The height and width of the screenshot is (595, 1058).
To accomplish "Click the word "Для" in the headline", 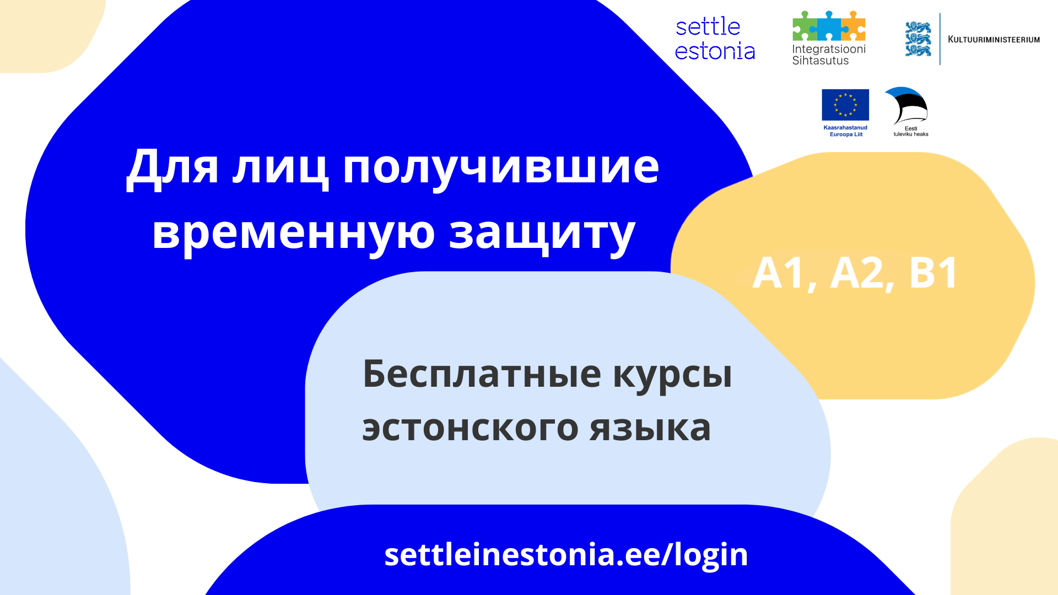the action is tap(172, 167).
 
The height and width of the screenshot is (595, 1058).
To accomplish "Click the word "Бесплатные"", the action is tap(482, 374).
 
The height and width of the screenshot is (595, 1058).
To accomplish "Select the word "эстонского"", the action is tap(470, 429).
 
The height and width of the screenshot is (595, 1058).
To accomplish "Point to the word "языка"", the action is tap(650, 429).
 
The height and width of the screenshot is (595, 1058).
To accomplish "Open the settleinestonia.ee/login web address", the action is tap(566, 555).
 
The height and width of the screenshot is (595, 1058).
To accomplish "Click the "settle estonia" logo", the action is tap(715, 39).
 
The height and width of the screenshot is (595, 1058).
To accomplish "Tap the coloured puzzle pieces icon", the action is tap(829, 26).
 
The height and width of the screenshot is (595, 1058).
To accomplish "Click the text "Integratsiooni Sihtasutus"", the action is tap(829, 55).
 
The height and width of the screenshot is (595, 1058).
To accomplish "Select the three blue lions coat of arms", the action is tap(918, 39).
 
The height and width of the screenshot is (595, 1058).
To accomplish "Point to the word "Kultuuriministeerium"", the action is tap(994, 40).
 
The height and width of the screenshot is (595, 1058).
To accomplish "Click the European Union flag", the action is tap(845, 105).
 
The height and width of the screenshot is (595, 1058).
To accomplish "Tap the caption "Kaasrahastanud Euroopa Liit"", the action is tap(846, 131).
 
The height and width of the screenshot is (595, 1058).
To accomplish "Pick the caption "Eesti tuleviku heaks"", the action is tap(911, 132).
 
